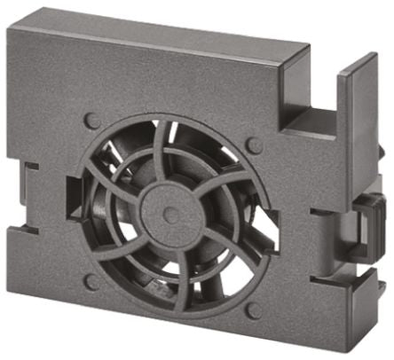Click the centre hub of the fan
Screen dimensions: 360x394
point(170,212)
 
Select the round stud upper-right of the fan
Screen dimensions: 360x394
point(254,145)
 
